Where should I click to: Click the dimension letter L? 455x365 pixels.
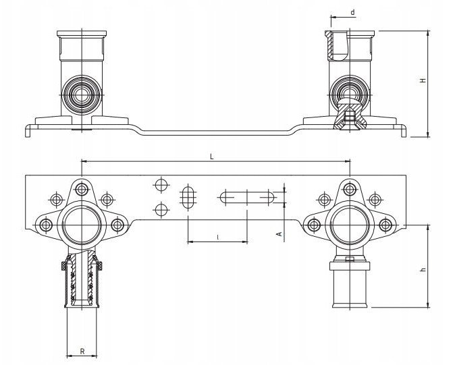click(212, 157)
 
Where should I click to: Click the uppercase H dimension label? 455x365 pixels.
click(423, 80)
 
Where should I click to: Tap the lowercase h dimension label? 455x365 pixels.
click(423, 270)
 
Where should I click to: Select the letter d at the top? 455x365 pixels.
click(352, 12)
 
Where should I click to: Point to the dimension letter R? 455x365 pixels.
click(82, 352)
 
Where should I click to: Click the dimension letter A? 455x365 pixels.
click(279, 233)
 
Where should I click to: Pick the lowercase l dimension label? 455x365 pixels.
click(218, 237)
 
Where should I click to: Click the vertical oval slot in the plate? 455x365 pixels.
click(188, 197)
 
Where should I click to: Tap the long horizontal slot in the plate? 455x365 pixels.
click(247, 198)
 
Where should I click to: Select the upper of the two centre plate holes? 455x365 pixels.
click(162, 185)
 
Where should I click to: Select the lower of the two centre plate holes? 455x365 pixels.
click(162, 210)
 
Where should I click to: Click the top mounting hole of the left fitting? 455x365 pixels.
click(82, 190)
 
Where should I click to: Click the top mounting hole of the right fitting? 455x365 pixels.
click(350, 190)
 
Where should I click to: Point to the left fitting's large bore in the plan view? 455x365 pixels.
click(82, 225)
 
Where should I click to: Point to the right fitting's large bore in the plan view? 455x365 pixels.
click(350, 225)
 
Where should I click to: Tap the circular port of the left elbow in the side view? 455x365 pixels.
click(82, 94)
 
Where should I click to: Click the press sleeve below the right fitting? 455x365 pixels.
click(350, 284)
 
